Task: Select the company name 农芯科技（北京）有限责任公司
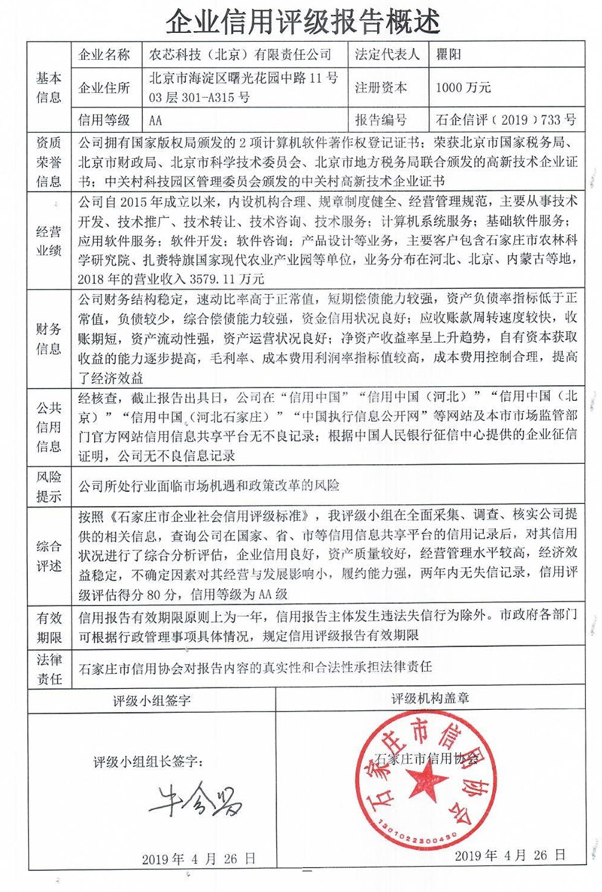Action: (239, 55)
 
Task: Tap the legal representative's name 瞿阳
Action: (451, 55)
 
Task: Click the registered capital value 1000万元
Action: (464, 87)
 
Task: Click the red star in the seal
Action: (427, 782)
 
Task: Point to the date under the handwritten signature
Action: (199, 858)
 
